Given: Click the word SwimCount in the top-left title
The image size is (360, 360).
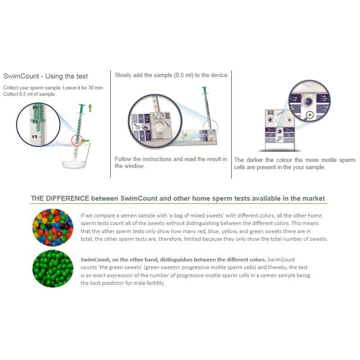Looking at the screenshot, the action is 21,76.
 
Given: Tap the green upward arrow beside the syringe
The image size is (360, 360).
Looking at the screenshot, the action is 90,108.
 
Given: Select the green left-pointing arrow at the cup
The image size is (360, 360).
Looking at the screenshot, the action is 85,140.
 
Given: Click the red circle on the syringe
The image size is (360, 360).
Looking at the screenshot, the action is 77,140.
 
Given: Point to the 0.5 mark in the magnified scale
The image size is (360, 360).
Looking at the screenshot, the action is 35,122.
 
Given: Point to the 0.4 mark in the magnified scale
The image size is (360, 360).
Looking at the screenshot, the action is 35,137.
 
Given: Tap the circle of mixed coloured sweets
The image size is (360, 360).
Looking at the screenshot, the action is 53,227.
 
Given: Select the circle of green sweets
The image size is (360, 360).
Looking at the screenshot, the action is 53,269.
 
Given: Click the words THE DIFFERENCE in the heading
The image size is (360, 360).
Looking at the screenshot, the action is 60,198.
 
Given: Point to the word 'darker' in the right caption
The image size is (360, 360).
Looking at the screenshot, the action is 255,160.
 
